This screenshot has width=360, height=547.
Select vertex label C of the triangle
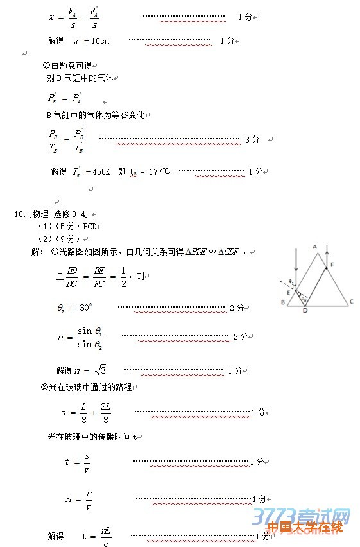coord(351,301)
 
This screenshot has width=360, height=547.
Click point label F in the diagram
coord(331,264)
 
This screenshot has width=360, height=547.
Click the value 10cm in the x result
coord(100,41)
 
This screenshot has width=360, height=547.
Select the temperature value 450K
coord(101,172)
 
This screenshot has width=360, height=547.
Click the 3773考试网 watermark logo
coord(302,516)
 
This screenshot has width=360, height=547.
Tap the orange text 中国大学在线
coord(305,528)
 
